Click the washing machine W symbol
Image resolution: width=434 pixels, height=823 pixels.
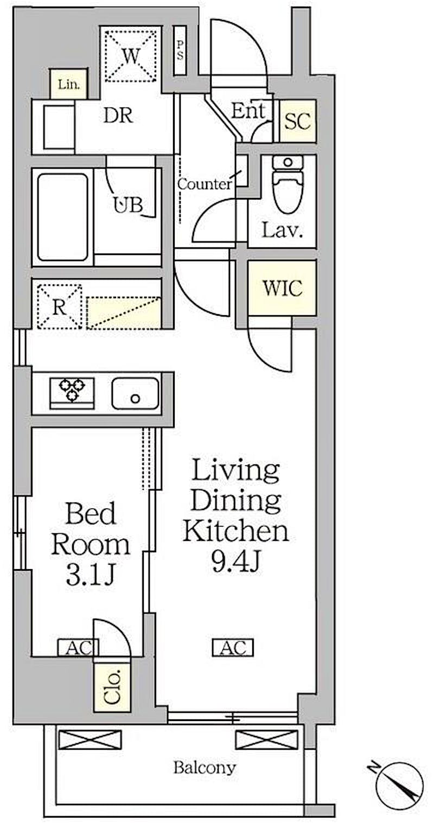point(131,56)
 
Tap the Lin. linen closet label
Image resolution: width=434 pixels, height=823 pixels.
point(69,84)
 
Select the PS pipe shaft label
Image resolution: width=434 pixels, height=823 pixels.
point(180,50)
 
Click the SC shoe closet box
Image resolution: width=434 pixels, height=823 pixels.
point(298,121)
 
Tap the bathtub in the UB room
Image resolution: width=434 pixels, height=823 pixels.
point(63,217)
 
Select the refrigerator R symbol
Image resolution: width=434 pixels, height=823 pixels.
point(59,307)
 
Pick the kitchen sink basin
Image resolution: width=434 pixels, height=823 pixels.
point(135,393)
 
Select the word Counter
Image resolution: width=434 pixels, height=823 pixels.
point(205,184)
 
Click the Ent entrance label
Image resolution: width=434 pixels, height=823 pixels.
point(248,111)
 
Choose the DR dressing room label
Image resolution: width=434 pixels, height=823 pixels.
point(118,116)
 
